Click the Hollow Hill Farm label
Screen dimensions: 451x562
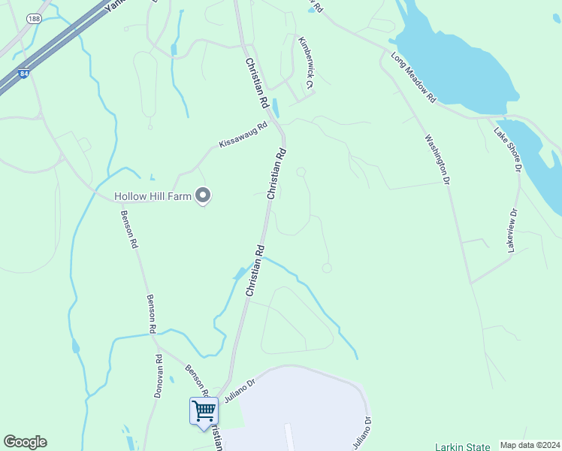point(153,197)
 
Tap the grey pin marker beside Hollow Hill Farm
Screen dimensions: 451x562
point(202,195)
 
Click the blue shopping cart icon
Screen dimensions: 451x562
point(204,411)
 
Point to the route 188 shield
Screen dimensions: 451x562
point(33,18)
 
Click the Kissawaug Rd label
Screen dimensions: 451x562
point(243,135)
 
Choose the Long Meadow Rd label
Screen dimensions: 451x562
point(413,77)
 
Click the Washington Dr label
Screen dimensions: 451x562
point(436,159)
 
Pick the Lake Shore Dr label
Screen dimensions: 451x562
point(507,150)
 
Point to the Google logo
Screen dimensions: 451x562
point(25,442)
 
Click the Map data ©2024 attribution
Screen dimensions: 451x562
point(529,445)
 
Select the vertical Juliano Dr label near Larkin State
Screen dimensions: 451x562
point(368,432)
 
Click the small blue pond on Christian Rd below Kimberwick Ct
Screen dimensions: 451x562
point(274,109)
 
